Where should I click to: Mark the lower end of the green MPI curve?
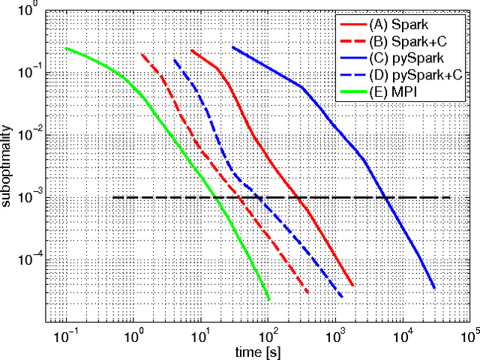click(x=268, y=300)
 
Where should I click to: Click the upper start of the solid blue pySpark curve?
click(x=232, y=46)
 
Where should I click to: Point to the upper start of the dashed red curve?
click(x=141, y=54)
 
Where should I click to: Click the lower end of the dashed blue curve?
click(x=342, y=297)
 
